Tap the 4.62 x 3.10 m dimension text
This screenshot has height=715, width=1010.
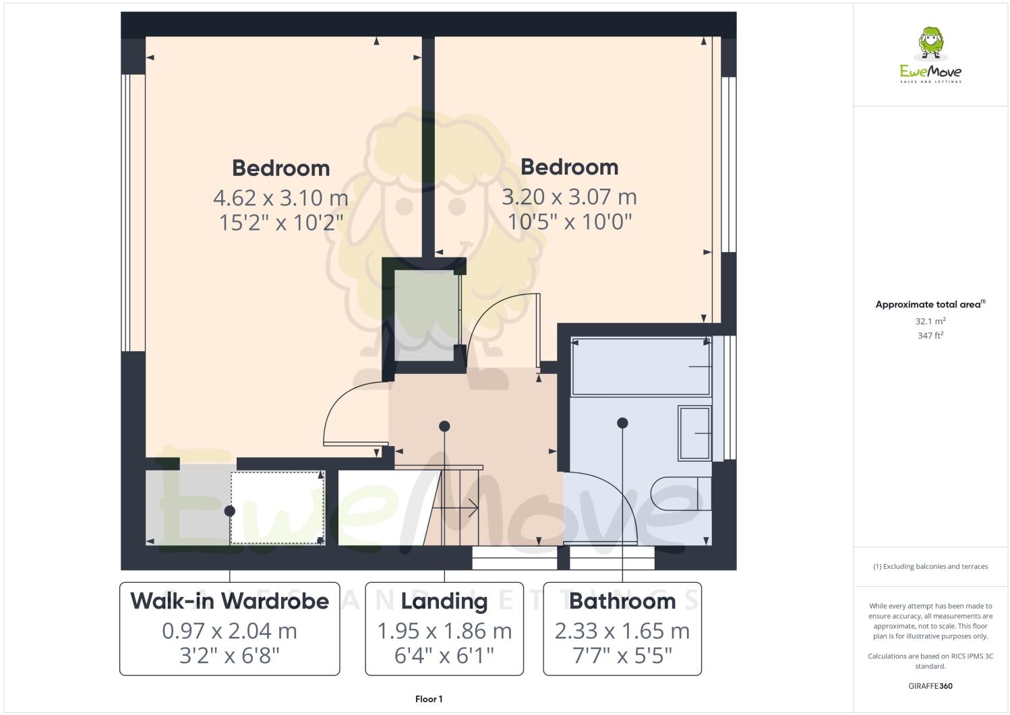pos(280,198)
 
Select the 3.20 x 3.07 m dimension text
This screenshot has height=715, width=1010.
pos(569,197)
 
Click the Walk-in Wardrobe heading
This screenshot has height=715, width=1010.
pos(229,600)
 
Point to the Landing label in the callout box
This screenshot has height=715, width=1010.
pos(444,600)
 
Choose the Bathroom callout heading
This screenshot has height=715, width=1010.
pos(622,600)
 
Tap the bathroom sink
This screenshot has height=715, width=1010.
pos(694,433)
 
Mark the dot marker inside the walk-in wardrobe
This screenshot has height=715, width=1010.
pos(229,511)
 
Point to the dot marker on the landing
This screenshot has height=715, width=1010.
pos(444,426)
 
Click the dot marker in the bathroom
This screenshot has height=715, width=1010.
pos(622,423)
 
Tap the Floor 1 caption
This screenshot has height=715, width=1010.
pos(429,699)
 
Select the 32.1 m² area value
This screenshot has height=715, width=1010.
pos(930,321)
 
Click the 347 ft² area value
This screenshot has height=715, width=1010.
pos(930,335)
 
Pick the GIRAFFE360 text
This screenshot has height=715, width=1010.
pos(930,686)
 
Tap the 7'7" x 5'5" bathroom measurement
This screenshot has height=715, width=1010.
pos(622,655)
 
